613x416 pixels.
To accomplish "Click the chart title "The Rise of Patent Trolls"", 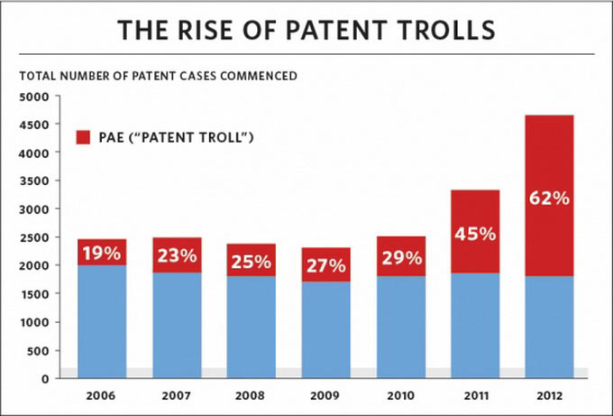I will pos(306,29).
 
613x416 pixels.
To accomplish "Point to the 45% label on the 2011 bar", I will pos(474,234).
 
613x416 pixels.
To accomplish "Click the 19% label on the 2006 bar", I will pos(101,254).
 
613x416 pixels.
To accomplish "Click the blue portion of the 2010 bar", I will pos(399,327).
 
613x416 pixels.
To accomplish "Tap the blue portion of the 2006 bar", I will pos(101,321).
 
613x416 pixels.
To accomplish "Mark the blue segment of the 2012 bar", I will pos(548,327).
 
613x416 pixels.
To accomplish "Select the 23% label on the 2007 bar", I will pos(176,256).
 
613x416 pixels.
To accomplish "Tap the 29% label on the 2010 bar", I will pos(399,259).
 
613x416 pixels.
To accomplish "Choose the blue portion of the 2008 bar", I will pos(251,327).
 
